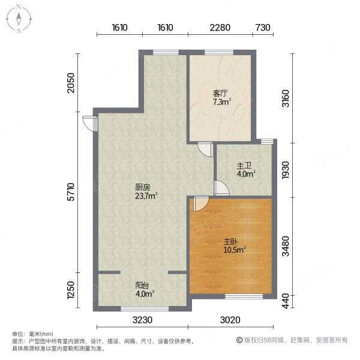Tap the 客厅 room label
(220, 94)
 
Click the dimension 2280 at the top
(220, 28)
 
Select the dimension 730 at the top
(263, 28)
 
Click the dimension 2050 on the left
(70, 82)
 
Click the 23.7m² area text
(146, 195)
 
